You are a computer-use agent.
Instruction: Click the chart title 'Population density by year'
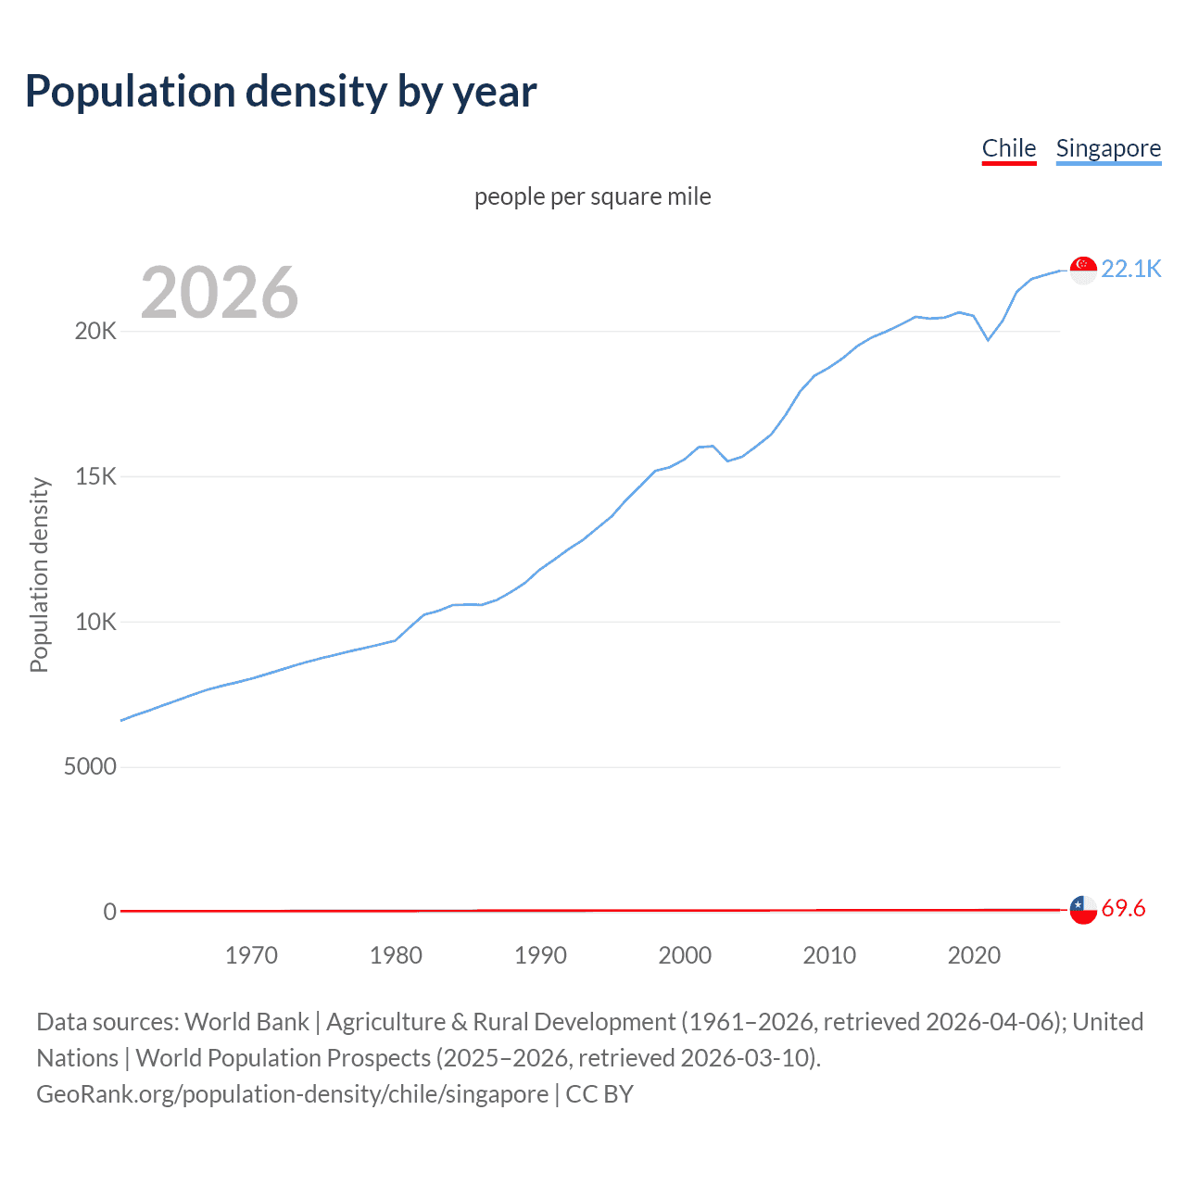click(x=281, y=92)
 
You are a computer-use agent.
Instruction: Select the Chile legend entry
click(x=1009, y=148)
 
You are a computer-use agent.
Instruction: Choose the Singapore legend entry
click(x=1108, y=148)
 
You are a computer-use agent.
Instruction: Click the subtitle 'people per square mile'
click(x=592, y=196)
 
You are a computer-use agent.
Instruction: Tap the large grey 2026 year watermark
click(x=220, y=293)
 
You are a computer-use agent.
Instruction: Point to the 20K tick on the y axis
click(x=95, y=332)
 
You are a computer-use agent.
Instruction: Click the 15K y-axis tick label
click(x=95, y=477)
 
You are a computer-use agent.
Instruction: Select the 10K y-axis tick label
click(x=95, y=622)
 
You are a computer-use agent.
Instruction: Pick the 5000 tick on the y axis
click(x=90, y=767)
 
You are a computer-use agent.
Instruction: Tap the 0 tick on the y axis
click(x=110, y=912)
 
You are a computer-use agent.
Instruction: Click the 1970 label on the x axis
click(x=251, y=955)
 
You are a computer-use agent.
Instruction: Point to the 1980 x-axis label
click(x=396, y=955)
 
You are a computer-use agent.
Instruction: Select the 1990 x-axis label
click(x=540, y=955)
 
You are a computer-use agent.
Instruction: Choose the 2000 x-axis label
click(x=685, y=955)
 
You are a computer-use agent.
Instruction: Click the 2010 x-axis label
click(x=829, y=955)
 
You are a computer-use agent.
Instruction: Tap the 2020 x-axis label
click(x=974, y=955)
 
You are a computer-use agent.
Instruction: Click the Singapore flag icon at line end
click(x=1083, y=270)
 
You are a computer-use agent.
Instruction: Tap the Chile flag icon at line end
click(x=1083, y=910)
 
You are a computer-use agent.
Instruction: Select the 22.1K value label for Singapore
click(x=1130, y=269)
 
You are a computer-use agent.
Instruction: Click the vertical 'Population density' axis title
click(x=39, y=574)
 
